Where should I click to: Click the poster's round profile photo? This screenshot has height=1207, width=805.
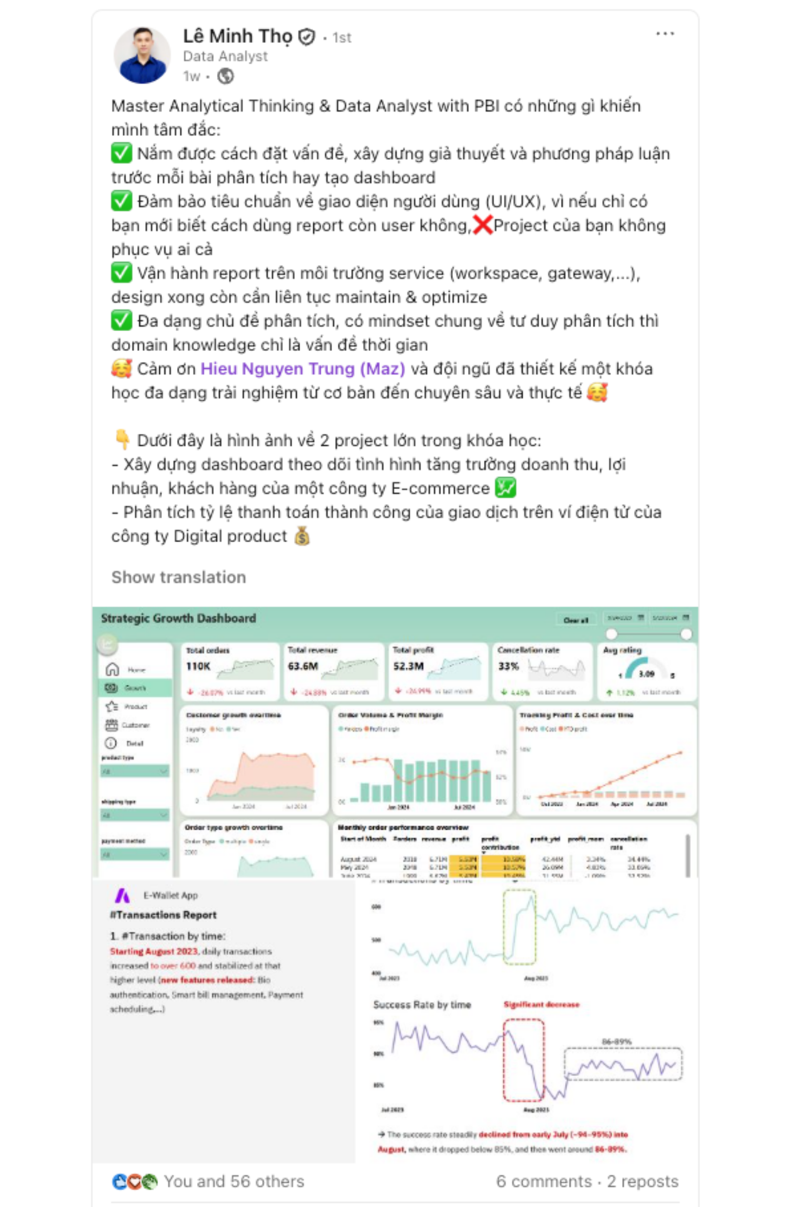coord(142,56)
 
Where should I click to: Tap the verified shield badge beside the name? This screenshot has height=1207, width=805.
coord(307,37)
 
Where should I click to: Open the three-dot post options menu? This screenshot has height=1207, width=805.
coord(665,34)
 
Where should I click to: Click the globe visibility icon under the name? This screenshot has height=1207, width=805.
coord(226,76)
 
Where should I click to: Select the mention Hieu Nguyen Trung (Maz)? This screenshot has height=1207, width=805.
coord(302,369)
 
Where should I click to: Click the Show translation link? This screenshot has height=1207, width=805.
coord(179,577)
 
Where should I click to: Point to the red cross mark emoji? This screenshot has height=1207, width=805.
coord(482,226)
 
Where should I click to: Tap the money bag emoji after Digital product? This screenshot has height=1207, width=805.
coord(302,536)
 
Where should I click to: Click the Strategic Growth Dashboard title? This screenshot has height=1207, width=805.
coord(178,618)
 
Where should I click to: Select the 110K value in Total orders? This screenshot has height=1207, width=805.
coord(198,666)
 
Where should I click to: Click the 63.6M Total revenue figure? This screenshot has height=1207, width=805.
coord(303,666)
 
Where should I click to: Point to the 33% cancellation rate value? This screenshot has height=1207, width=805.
coord(508,666)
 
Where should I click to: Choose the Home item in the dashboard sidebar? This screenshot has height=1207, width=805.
coord(136,670)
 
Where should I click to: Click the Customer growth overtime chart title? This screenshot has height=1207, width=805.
coord(233,715)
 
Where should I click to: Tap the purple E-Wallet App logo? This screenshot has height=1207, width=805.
coord(123,895)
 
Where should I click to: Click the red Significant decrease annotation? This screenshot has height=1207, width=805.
coord(541,1004)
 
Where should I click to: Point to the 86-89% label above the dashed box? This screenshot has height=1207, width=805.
coord(616,1041)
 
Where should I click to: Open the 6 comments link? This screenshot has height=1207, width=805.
coord(543,1181)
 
